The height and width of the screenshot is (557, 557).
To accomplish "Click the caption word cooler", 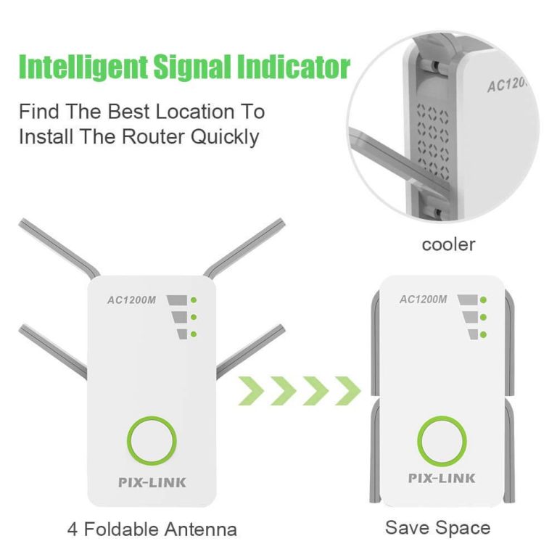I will tap(448, 244).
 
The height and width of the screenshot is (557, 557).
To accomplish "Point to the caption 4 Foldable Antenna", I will tap(152, 529).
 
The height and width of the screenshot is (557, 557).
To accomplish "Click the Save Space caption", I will tap(437, 527).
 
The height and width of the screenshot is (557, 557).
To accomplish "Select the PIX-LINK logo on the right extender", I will tap(442, 478).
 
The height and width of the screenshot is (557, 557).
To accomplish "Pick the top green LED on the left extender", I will tap(194, 300).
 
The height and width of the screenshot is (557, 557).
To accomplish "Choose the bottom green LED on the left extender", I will tap(194, 333).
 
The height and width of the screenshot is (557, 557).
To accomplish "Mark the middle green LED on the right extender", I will tap(482, 317).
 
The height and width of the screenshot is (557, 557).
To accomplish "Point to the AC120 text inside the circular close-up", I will tap(508, 84).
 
